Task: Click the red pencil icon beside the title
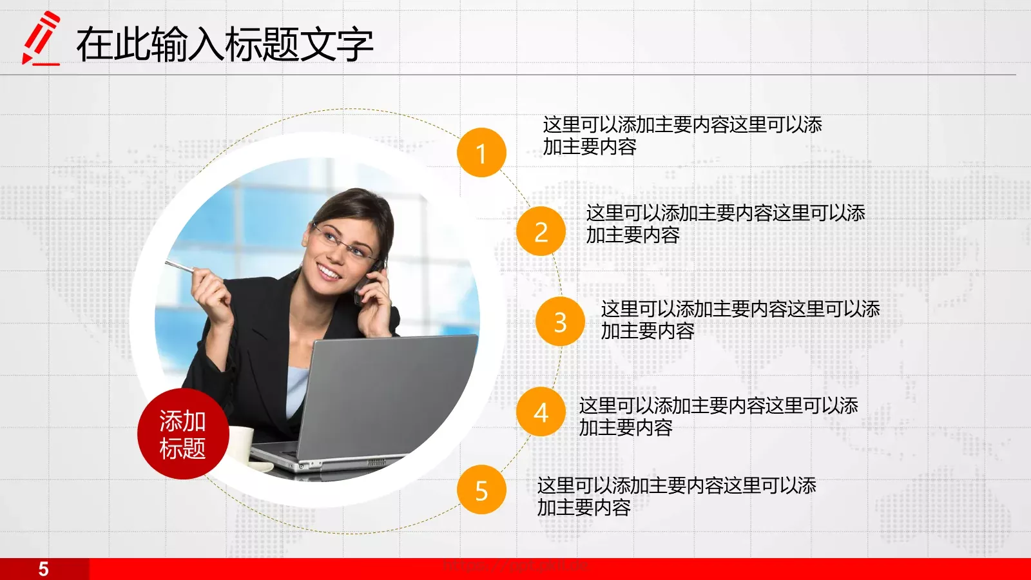[41, 39]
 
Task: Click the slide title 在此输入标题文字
[224, 44]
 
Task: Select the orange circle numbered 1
[481, 153]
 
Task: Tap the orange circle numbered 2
[541, 231]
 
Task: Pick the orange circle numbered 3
[560, 322]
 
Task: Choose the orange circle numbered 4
[541, 412]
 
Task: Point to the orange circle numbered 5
[481, 490]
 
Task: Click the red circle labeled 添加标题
[182, 434]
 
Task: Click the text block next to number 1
[682, 135]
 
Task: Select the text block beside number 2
[725, 224]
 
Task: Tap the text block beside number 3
[740, 320]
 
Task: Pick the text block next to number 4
[718, 416]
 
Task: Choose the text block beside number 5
[677, 496]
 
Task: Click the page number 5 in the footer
[43, 569]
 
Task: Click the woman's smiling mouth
[329, 271]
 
